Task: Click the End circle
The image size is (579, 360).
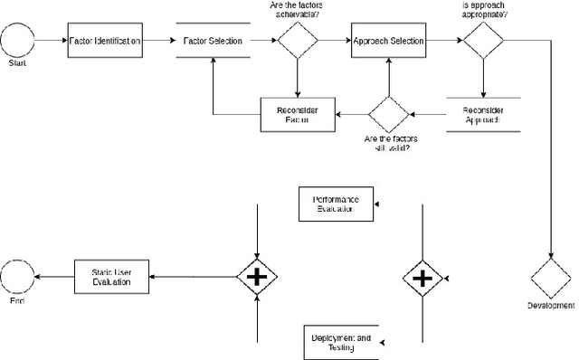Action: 17,276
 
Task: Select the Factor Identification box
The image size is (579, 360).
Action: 104,41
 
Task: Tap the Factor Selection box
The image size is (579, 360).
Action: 211,41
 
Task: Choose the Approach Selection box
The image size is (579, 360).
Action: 388,41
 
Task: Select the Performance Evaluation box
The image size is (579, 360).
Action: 334,204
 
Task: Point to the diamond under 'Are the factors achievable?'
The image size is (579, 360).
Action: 298,41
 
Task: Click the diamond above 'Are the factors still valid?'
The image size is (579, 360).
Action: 388,114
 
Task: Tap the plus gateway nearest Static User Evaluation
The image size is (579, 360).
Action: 258,276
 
